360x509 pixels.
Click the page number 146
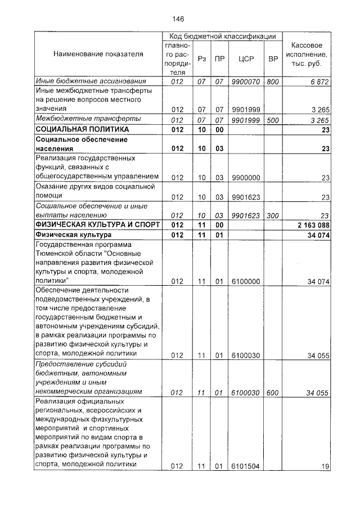[178, 19]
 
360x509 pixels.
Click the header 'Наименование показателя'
[98, 55]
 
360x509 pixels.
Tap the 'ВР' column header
[273, 58]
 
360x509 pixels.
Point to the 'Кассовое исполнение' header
[307, 54]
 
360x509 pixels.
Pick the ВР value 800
[273, 82]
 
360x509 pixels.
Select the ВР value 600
[273, 393]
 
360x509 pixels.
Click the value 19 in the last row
[325, 466]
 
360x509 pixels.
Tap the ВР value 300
[273, 215]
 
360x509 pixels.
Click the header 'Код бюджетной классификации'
[222, 37]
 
